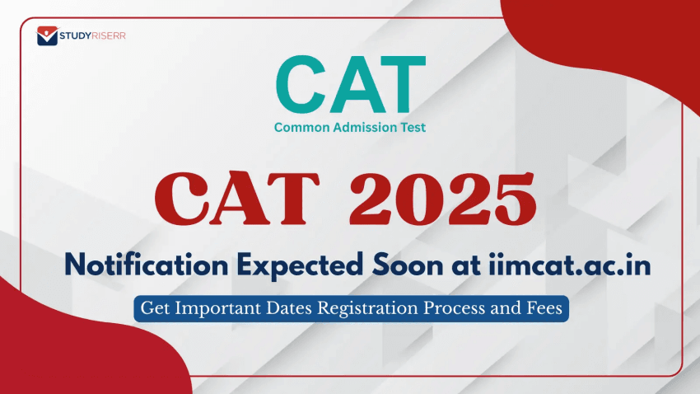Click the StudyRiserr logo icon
(x=48, y=36)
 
